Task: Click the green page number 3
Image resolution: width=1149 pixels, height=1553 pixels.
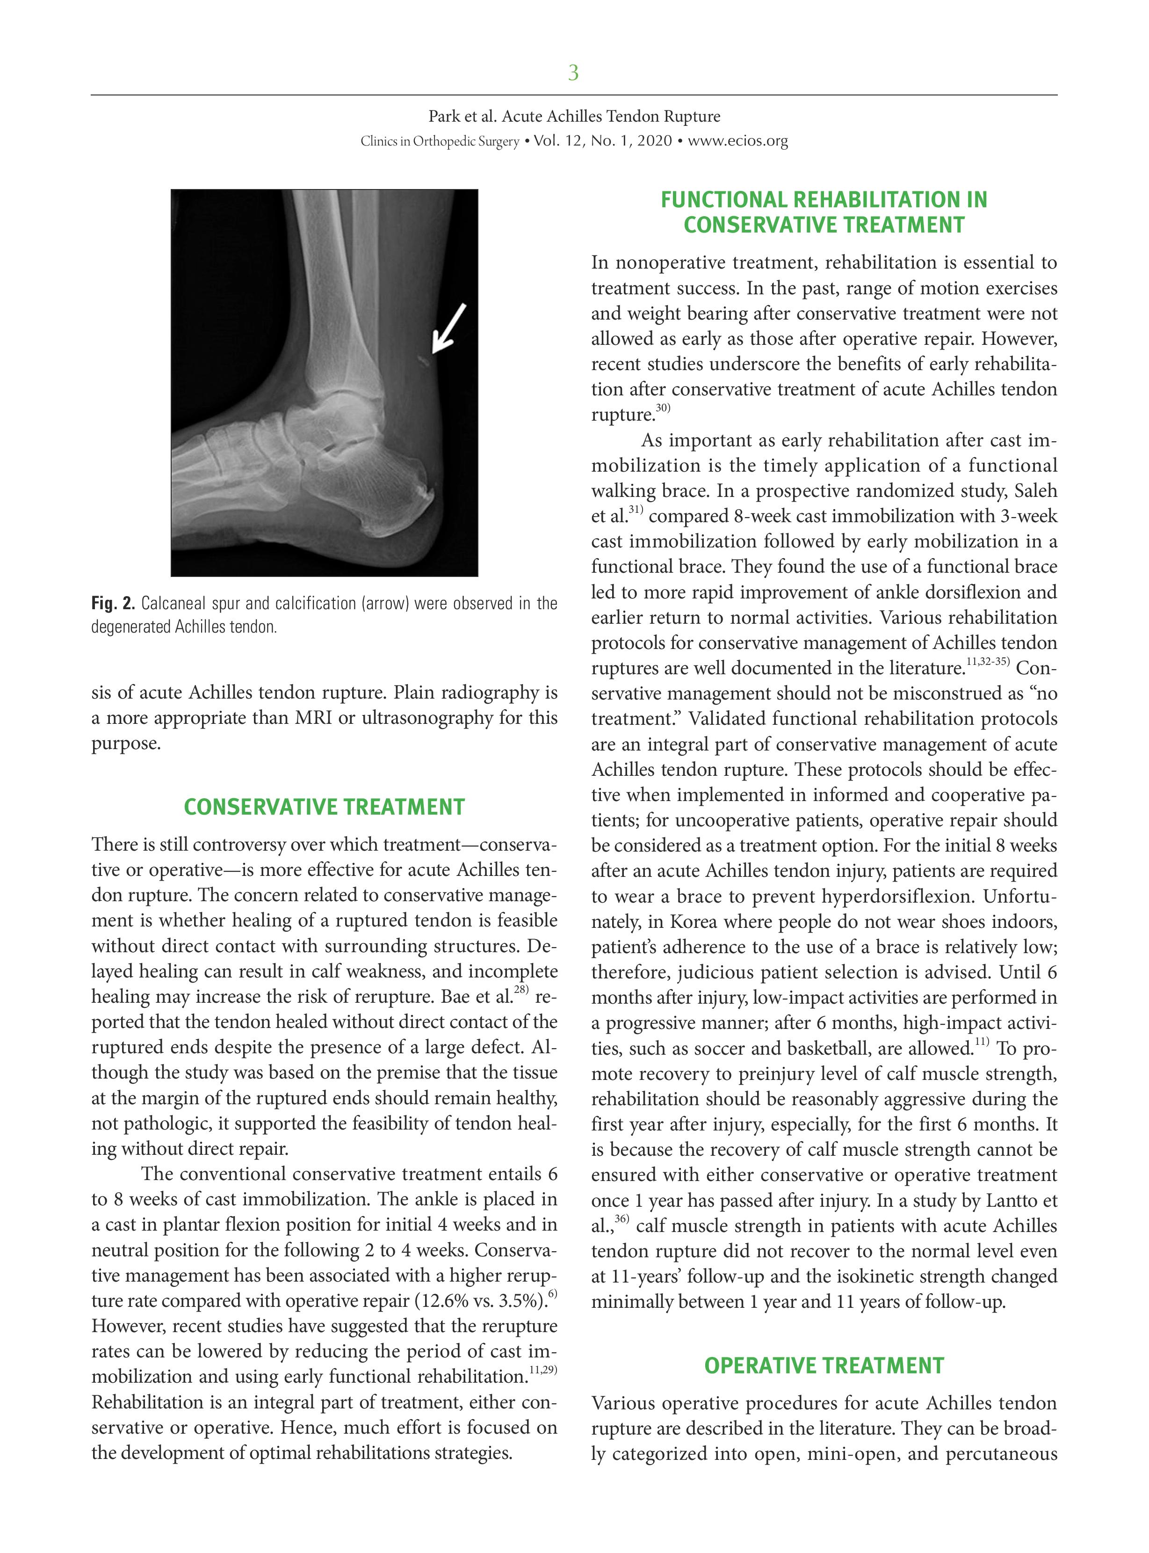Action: (x=573, y=73)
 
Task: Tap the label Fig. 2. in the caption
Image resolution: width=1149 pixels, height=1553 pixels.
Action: (x=113, y=603)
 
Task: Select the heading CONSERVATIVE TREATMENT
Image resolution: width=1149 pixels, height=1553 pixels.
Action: (x=324, y=807)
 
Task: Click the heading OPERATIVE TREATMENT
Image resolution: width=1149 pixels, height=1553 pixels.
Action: (x=824, y=1365)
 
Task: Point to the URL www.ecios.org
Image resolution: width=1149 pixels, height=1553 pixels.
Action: (x=737, y=141)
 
